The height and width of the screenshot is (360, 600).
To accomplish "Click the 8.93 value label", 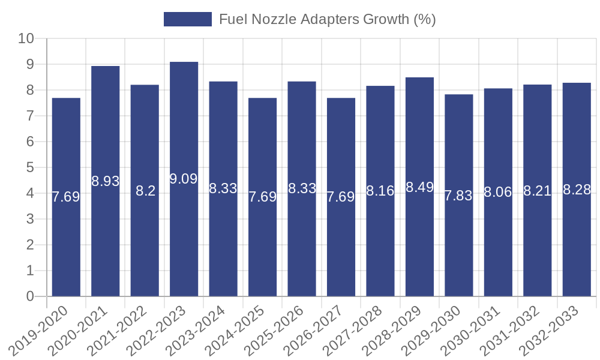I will [x=106, y=181].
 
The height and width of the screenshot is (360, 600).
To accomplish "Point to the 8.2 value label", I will [x=145, y=191].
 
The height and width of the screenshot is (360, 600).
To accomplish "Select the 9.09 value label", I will [x=184, y=179].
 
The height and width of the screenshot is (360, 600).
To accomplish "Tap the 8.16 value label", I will [x=380, y=191].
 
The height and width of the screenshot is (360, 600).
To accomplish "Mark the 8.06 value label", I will [x=498, y=193].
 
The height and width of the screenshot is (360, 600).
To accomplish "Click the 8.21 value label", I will [x=537, y=191].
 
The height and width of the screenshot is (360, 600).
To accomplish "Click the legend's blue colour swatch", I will [x=188, y=19].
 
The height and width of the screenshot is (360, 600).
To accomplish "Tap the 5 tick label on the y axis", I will [x=30, y=168].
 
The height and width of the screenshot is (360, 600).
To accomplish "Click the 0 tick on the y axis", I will [x=30, y=296].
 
